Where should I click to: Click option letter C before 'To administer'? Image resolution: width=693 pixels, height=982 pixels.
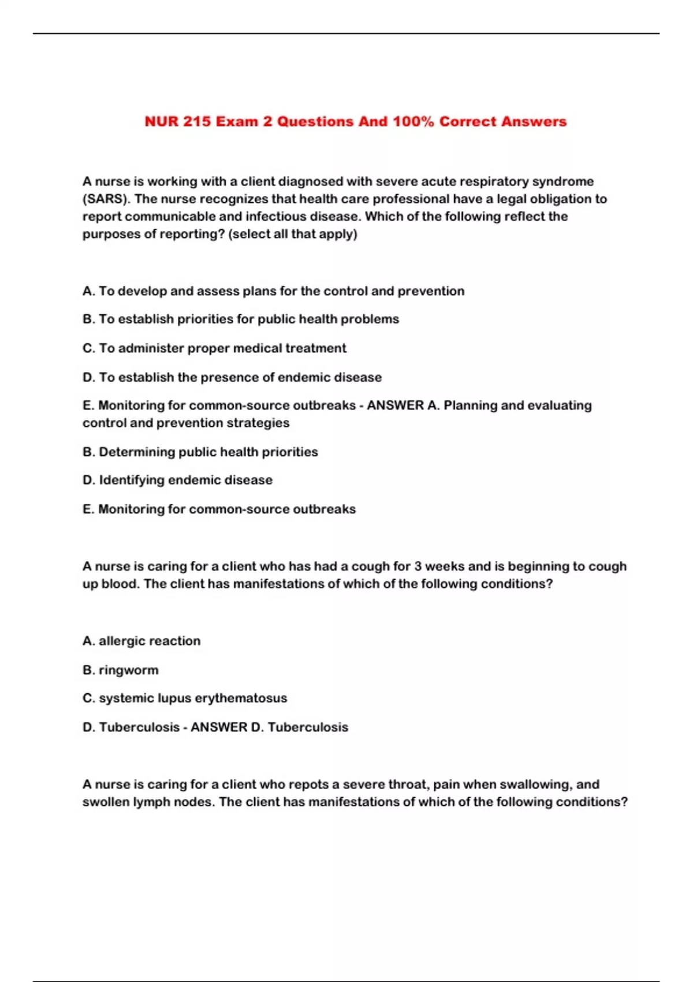point(88,348)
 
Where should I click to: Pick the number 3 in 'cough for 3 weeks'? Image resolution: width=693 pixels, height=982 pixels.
point(418,566)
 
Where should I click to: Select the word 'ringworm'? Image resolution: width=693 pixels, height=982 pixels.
point(128,670)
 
